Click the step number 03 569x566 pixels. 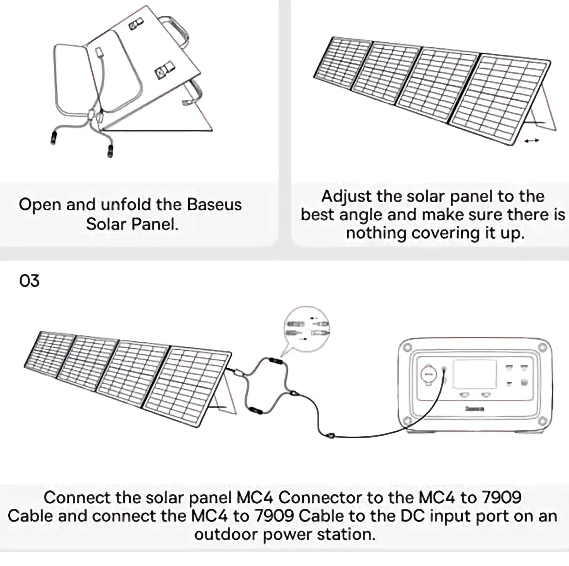coord(29,281)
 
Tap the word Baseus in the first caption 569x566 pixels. coord(214,205)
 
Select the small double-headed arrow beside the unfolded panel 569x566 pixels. coord(531,141)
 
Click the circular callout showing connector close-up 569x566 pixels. coord(306,329)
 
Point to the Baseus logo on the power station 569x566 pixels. coord(474,409)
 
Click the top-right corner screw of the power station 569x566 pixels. coord(543,347)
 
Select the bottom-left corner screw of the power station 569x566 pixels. coord(407,420)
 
